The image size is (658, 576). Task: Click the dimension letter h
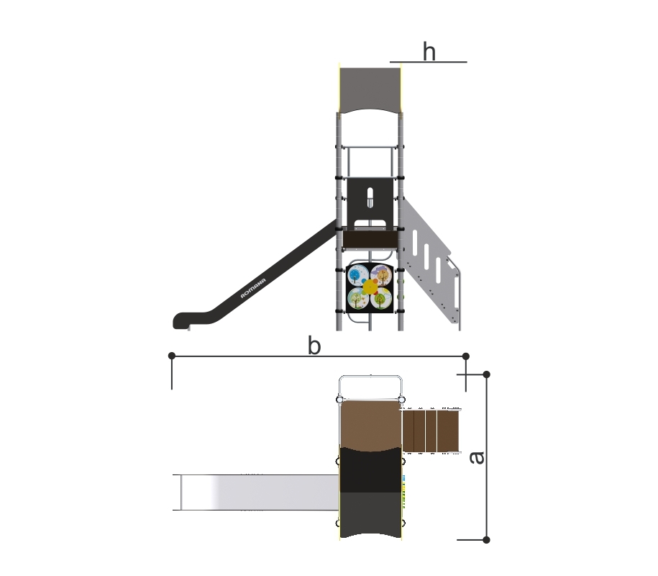[429, 52]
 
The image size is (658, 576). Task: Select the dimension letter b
[314, 346]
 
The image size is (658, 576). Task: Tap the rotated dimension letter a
[476, 457]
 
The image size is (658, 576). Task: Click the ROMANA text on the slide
[253, 288]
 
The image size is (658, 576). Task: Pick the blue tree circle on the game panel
[358, 276]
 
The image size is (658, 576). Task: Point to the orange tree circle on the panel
[381, 276]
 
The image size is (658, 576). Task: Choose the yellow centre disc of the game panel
[370, 287]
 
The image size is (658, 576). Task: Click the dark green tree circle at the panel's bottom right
[380, 299]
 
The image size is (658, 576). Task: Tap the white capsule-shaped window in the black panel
[370, 197]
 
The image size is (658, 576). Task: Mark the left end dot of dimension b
[172, 356]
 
